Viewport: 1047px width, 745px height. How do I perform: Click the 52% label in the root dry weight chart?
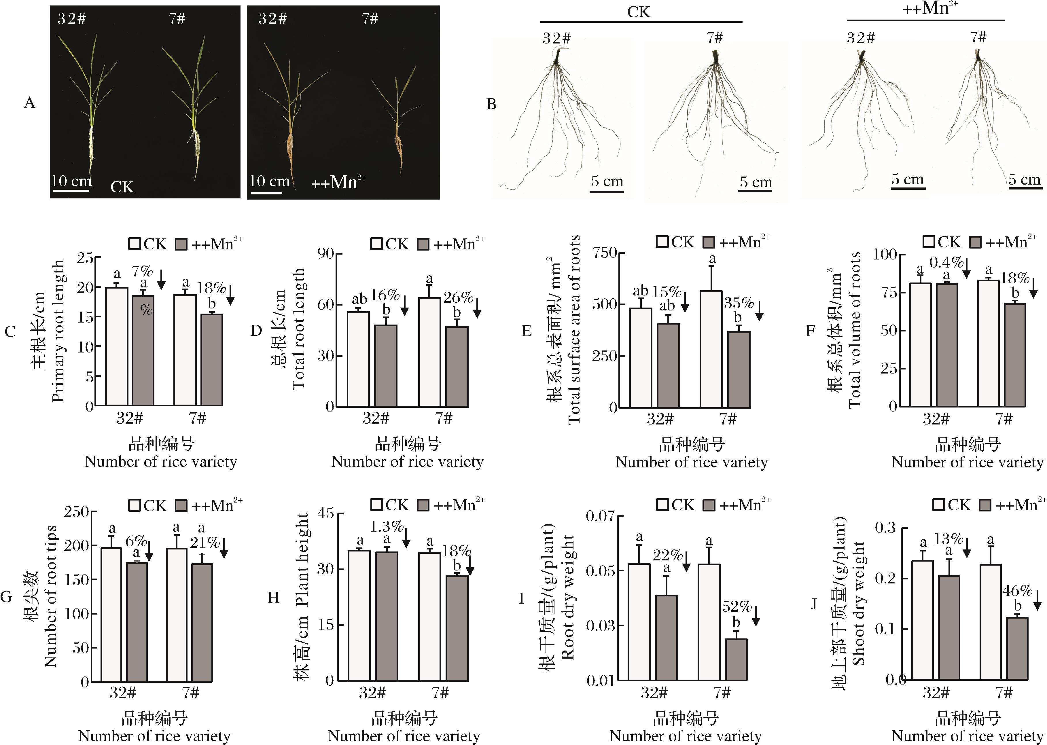pyautogui.click(x=737, y=606)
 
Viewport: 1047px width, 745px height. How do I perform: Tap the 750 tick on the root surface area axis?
pyautogui.click(x=604, y=253)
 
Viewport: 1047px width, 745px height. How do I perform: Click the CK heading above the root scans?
pyautogui.click(x=639, y=12)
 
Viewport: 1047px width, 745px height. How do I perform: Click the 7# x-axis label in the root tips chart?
pyautogui.click(x=190, y=692)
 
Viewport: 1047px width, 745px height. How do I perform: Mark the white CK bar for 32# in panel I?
pyautogui.click(x=639, y=621)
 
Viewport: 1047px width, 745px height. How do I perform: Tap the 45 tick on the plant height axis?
pyautogui.click(x=326, y=513)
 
